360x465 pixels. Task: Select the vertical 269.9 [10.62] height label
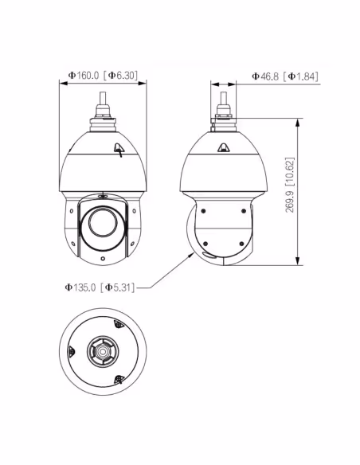[311, 192]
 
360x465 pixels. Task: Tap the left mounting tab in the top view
[72, 351]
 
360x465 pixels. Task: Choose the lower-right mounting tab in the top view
[120, 379]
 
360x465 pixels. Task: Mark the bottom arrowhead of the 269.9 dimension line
[297, 262]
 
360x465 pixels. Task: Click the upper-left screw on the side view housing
[204, 211]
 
